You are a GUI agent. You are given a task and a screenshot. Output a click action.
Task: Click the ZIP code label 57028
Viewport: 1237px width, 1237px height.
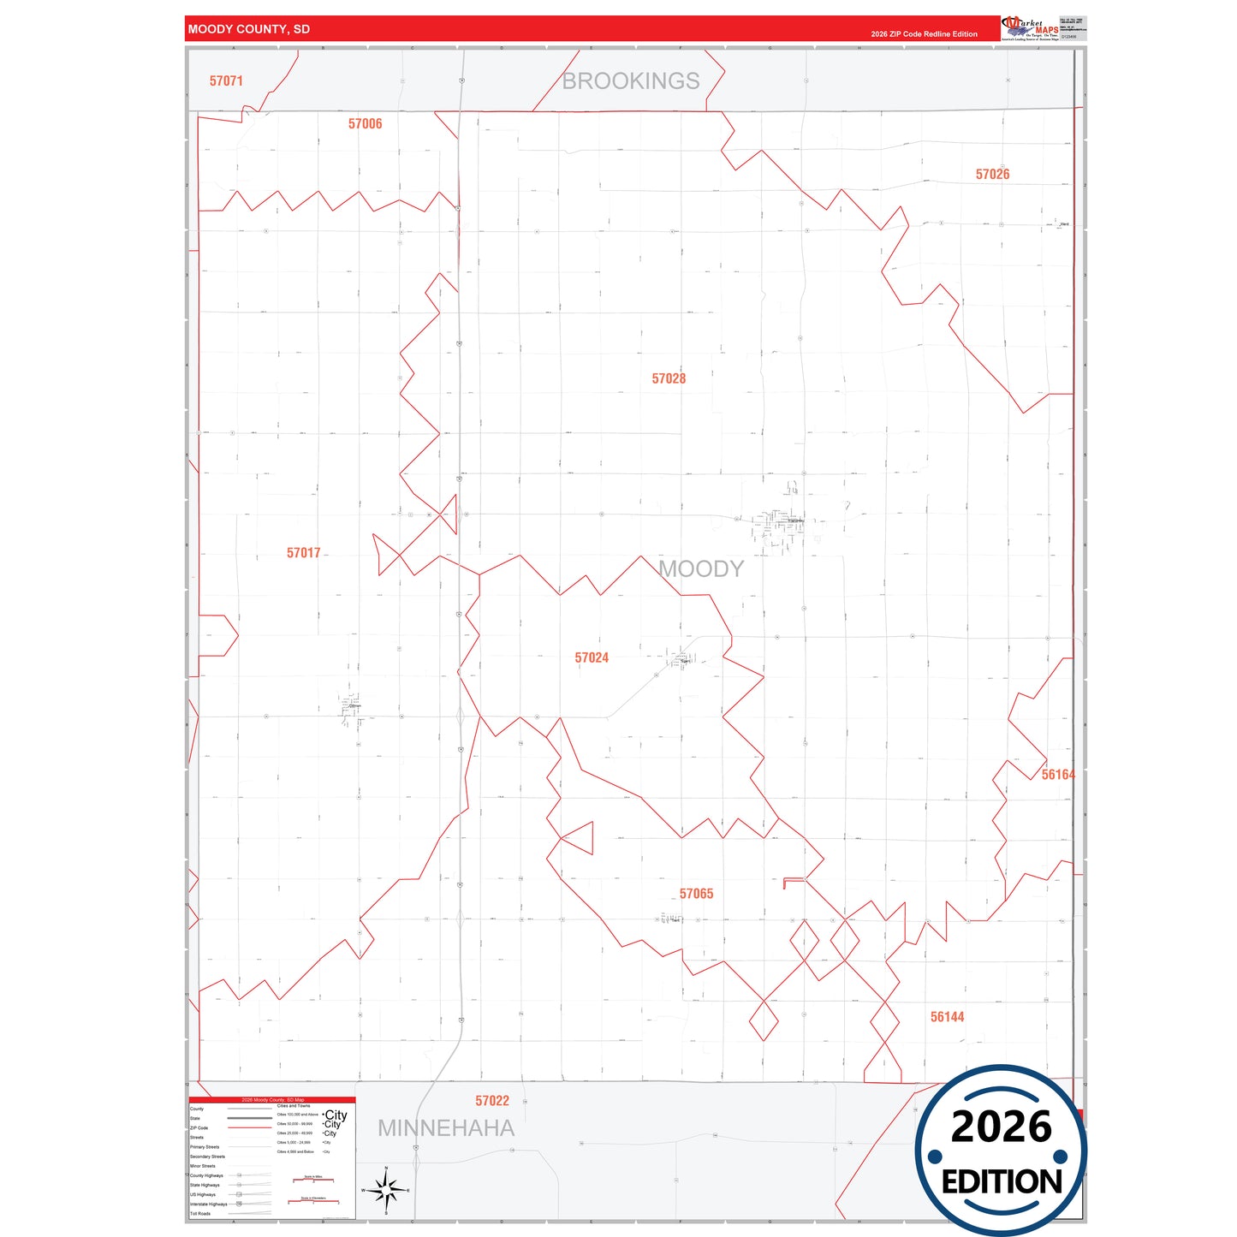pos(669,378)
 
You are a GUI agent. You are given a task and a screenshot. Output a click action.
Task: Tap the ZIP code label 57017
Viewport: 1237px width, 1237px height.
pos(303,553)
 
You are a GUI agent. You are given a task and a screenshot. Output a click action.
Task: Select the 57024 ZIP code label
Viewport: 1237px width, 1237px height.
pos(592,657)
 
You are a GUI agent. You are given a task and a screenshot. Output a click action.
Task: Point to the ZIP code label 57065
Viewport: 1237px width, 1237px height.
pos(696,894)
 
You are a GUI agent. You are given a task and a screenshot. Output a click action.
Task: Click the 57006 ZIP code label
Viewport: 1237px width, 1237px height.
pos(365,124)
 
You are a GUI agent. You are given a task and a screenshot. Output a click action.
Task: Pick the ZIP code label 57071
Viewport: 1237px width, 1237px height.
pos(226,81)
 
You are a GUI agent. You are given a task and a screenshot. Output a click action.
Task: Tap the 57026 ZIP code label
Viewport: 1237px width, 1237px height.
pos(992,175)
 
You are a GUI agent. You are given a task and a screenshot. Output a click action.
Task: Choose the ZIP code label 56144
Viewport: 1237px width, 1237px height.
pos(947,1017)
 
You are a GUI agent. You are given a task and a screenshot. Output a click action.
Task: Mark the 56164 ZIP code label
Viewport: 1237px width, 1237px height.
pos(1057,775)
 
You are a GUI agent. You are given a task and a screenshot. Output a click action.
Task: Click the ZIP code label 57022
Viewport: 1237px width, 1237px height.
pos(492,1101)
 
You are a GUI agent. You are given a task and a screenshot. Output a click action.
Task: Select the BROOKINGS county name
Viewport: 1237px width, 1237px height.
pos(631,81)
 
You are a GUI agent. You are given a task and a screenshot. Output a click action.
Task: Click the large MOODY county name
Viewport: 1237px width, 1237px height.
pos(701,569)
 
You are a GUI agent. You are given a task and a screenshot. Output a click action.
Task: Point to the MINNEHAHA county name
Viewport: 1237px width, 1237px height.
pos(446,1128)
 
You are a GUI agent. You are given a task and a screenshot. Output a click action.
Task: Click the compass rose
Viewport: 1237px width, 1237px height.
pos(386,1190)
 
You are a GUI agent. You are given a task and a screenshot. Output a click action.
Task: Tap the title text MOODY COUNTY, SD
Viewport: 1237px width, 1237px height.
pos(249,29)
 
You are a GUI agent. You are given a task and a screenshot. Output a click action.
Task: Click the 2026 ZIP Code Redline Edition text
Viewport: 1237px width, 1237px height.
pos(924,34)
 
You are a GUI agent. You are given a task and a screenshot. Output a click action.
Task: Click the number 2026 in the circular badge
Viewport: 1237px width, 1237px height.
pos(1001,1127)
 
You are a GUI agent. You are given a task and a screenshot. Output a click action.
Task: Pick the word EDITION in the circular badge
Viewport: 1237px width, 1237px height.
pos(1002,1182)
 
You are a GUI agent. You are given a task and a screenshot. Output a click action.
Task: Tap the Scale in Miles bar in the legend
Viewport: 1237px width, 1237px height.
pos(313,1179)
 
